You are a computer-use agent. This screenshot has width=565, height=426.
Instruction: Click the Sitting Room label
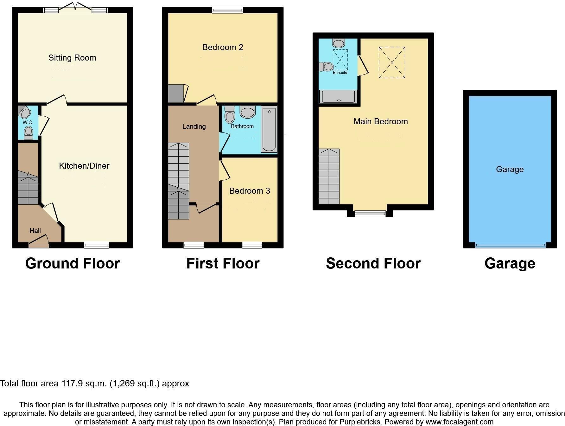click(x=72, y=58)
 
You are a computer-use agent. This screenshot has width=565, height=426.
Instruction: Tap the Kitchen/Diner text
click(x=84, y=166)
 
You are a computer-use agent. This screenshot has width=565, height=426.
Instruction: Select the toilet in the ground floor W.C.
click(x=29, y=132)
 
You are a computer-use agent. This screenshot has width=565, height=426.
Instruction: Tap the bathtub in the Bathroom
click(x=269, y=130)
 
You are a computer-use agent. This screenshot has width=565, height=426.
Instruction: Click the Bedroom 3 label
click(x=250, y=191)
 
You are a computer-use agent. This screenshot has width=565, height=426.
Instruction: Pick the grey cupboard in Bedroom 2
click(x=176, y=93)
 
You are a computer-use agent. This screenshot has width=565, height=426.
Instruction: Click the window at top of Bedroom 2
click(x=227, y=10)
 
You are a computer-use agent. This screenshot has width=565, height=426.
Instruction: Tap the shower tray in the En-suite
click(x=338, y=97)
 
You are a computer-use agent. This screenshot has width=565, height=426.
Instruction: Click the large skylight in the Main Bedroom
click(x=392, y=62)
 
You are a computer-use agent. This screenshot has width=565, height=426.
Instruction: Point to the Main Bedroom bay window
click(x=370, y=214)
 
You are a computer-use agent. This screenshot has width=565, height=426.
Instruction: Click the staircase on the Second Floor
click(x=329, y=177)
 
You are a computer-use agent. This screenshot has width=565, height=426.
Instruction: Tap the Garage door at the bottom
click(x=510, y=245)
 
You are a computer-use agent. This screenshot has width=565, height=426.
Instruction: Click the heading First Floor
click(x=223, y=263)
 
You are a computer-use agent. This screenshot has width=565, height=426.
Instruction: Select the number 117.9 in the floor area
click(x=72, y=384)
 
